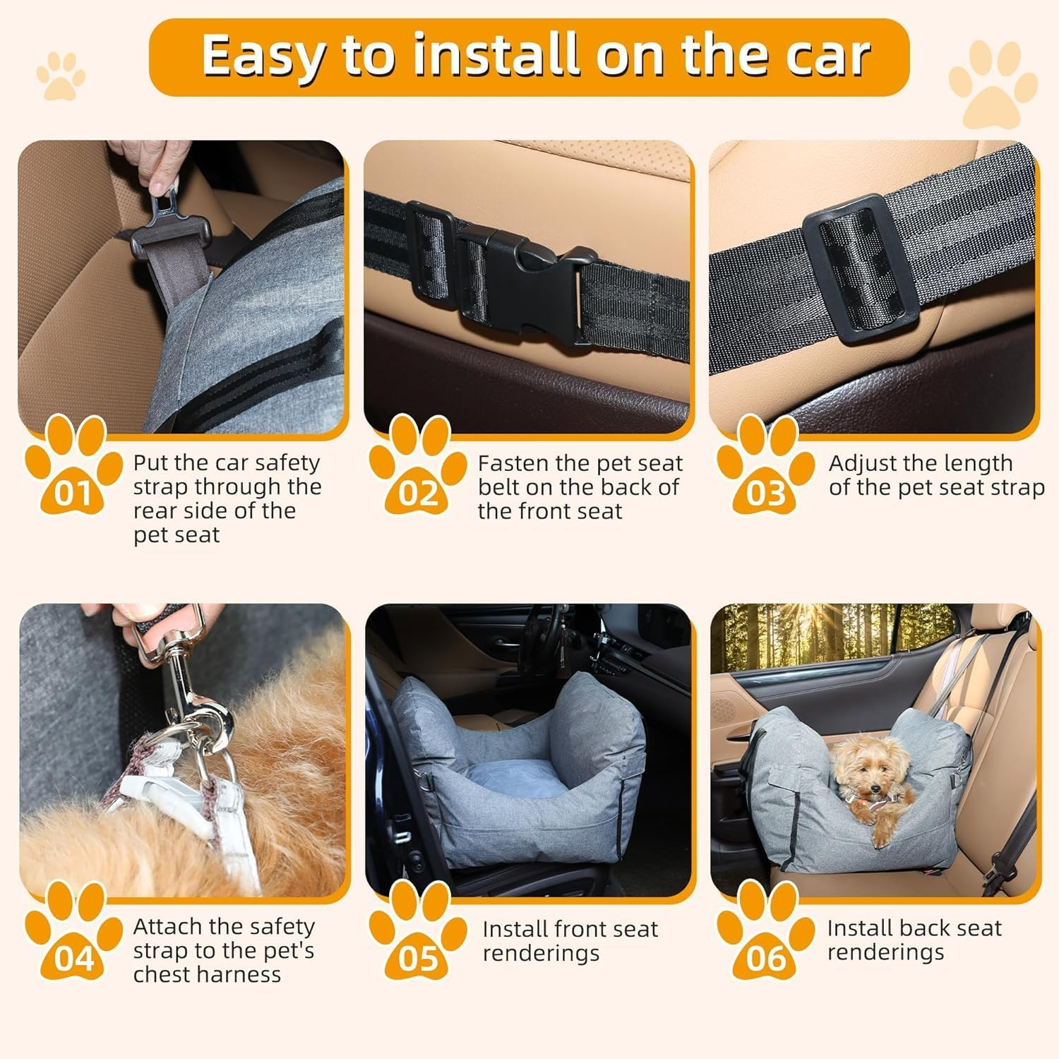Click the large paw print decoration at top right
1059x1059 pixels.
[x=992, y=85]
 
